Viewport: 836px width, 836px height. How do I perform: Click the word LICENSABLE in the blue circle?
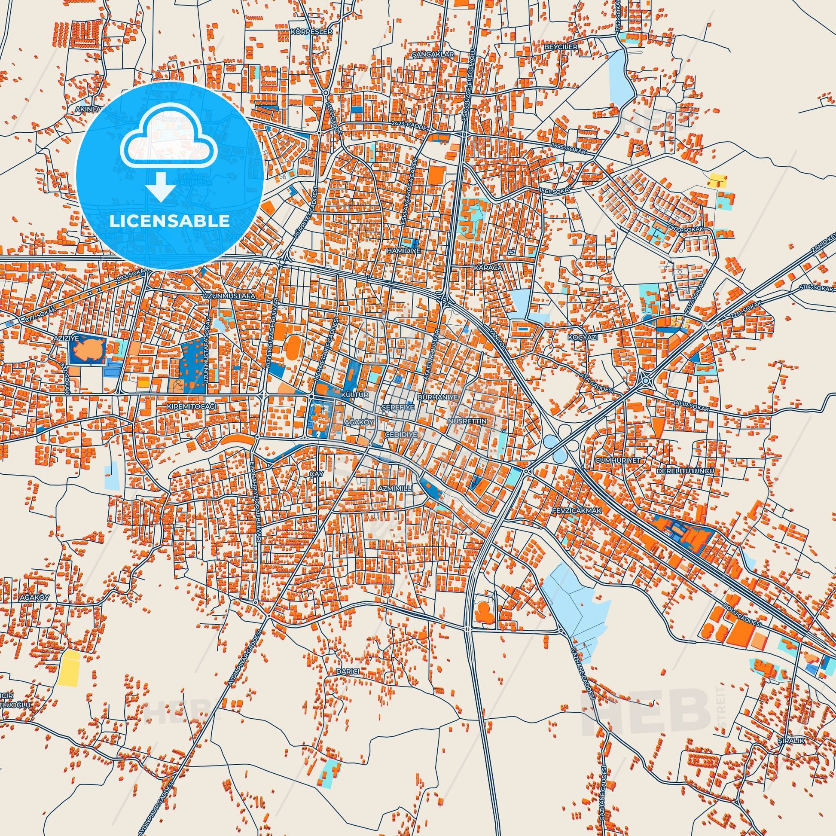(170, 221)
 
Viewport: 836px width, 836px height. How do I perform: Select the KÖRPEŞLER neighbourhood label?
(305, 32)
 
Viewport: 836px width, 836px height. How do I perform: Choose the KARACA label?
(488, 268)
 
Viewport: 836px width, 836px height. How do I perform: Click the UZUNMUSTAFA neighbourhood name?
(226, 296)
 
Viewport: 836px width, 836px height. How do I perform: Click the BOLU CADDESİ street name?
(755, 619)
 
